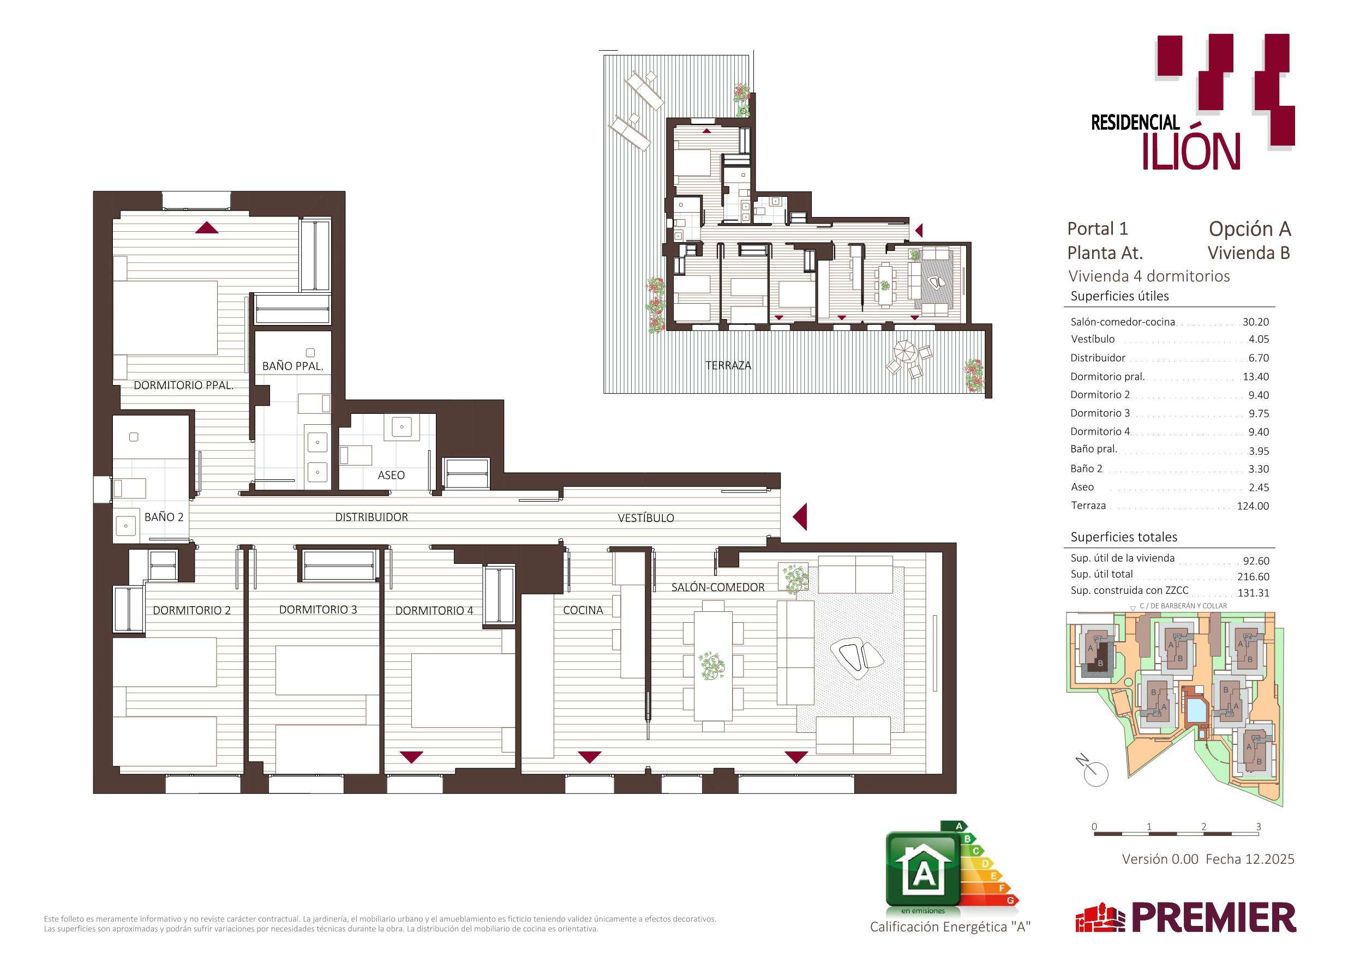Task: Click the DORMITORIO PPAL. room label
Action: click(x=183, y=386)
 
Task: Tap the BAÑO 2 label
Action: click(x=164, y=517)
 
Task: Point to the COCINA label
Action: click(x=583, y=610)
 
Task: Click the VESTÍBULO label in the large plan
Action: click(x=646, y=517)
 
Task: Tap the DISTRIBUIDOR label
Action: click(x=372, y=517)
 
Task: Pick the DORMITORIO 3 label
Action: click(x=318, y=610)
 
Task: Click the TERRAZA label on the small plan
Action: click(x=728, y=365)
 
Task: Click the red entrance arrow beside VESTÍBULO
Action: click(x=800, y=517)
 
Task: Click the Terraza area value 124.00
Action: click(x=1253, y=506)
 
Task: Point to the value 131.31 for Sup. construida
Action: click(x=1253, y=593)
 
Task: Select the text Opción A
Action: click(x=1250, y=229)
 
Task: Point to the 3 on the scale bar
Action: click(x=1259, y=827)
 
